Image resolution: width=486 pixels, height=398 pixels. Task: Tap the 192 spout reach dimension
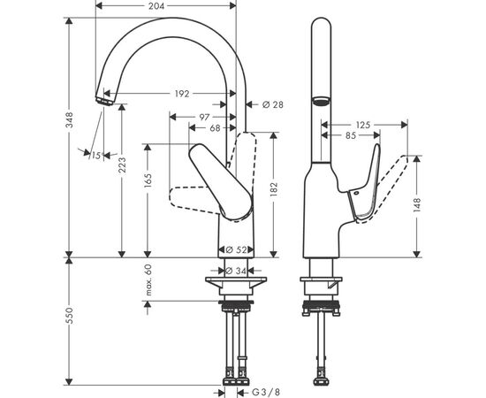point(181,92)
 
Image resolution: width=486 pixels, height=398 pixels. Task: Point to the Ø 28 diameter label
point(274,105)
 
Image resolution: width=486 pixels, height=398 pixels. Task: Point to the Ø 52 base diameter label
point(235,250)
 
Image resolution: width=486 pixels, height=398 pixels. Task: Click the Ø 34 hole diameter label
point(235,271)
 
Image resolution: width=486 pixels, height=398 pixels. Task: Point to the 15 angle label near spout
point(96,155)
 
